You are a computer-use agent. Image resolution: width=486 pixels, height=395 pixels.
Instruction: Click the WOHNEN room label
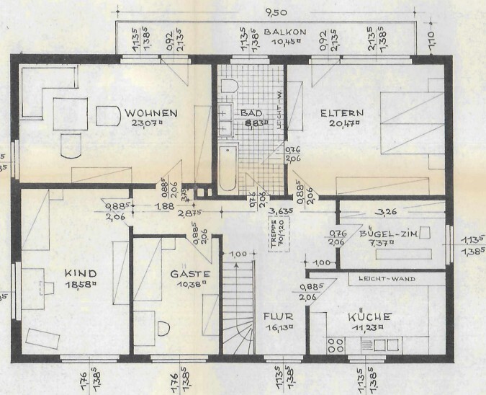[150, 113]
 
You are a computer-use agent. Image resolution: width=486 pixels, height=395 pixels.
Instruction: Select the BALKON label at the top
[285, 32]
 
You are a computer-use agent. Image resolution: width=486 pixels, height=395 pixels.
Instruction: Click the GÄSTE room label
[190, 274]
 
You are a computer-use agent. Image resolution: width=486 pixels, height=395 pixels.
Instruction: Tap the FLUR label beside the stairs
[276, 316]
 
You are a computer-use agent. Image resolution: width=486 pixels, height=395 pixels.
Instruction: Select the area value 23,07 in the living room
[147, 123]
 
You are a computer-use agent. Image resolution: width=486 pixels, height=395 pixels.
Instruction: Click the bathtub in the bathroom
[228, 169]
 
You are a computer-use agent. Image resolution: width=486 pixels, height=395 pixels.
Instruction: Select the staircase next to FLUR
[239, 306]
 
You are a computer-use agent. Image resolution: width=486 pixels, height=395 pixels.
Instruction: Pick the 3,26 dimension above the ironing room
[387, 213]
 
